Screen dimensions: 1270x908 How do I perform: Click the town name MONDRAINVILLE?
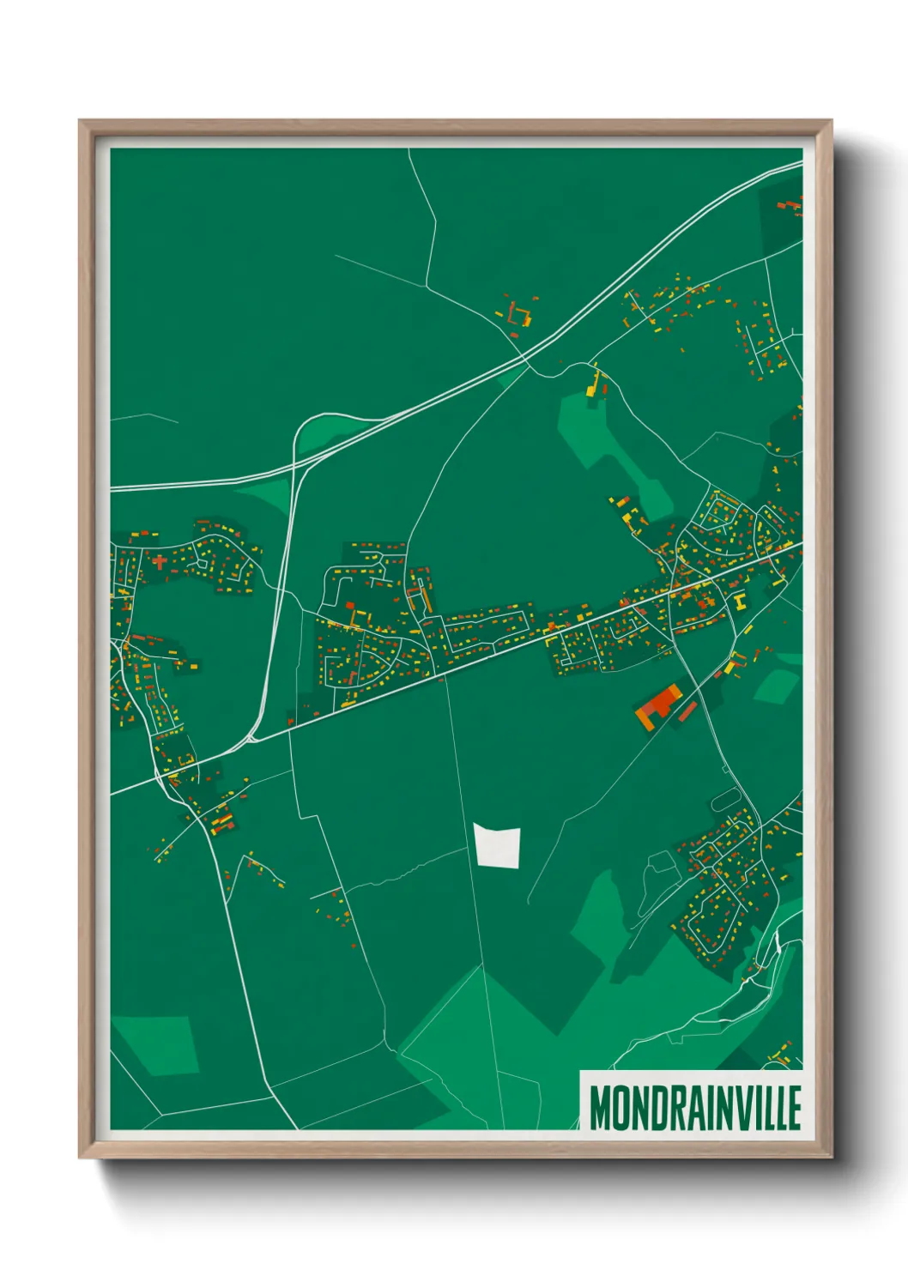tap(695, 1108)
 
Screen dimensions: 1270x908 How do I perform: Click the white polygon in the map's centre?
tap(498, 846)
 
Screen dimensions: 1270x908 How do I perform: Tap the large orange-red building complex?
tap(659, 706)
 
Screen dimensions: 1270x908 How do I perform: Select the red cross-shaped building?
tap(160, 563)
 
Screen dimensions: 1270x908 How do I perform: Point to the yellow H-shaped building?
tap(737, 600)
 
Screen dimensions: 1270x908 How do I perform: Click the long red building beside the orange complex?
tap(688, 711)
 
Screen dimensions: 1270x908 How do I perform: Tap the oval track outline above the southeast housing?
tap(725, 800)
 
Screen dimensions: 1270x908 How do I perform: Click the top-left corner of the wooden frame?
tap(80, 122)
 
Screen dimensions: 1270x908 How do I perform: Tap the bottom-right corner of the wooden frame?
tap(831, 1158)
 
